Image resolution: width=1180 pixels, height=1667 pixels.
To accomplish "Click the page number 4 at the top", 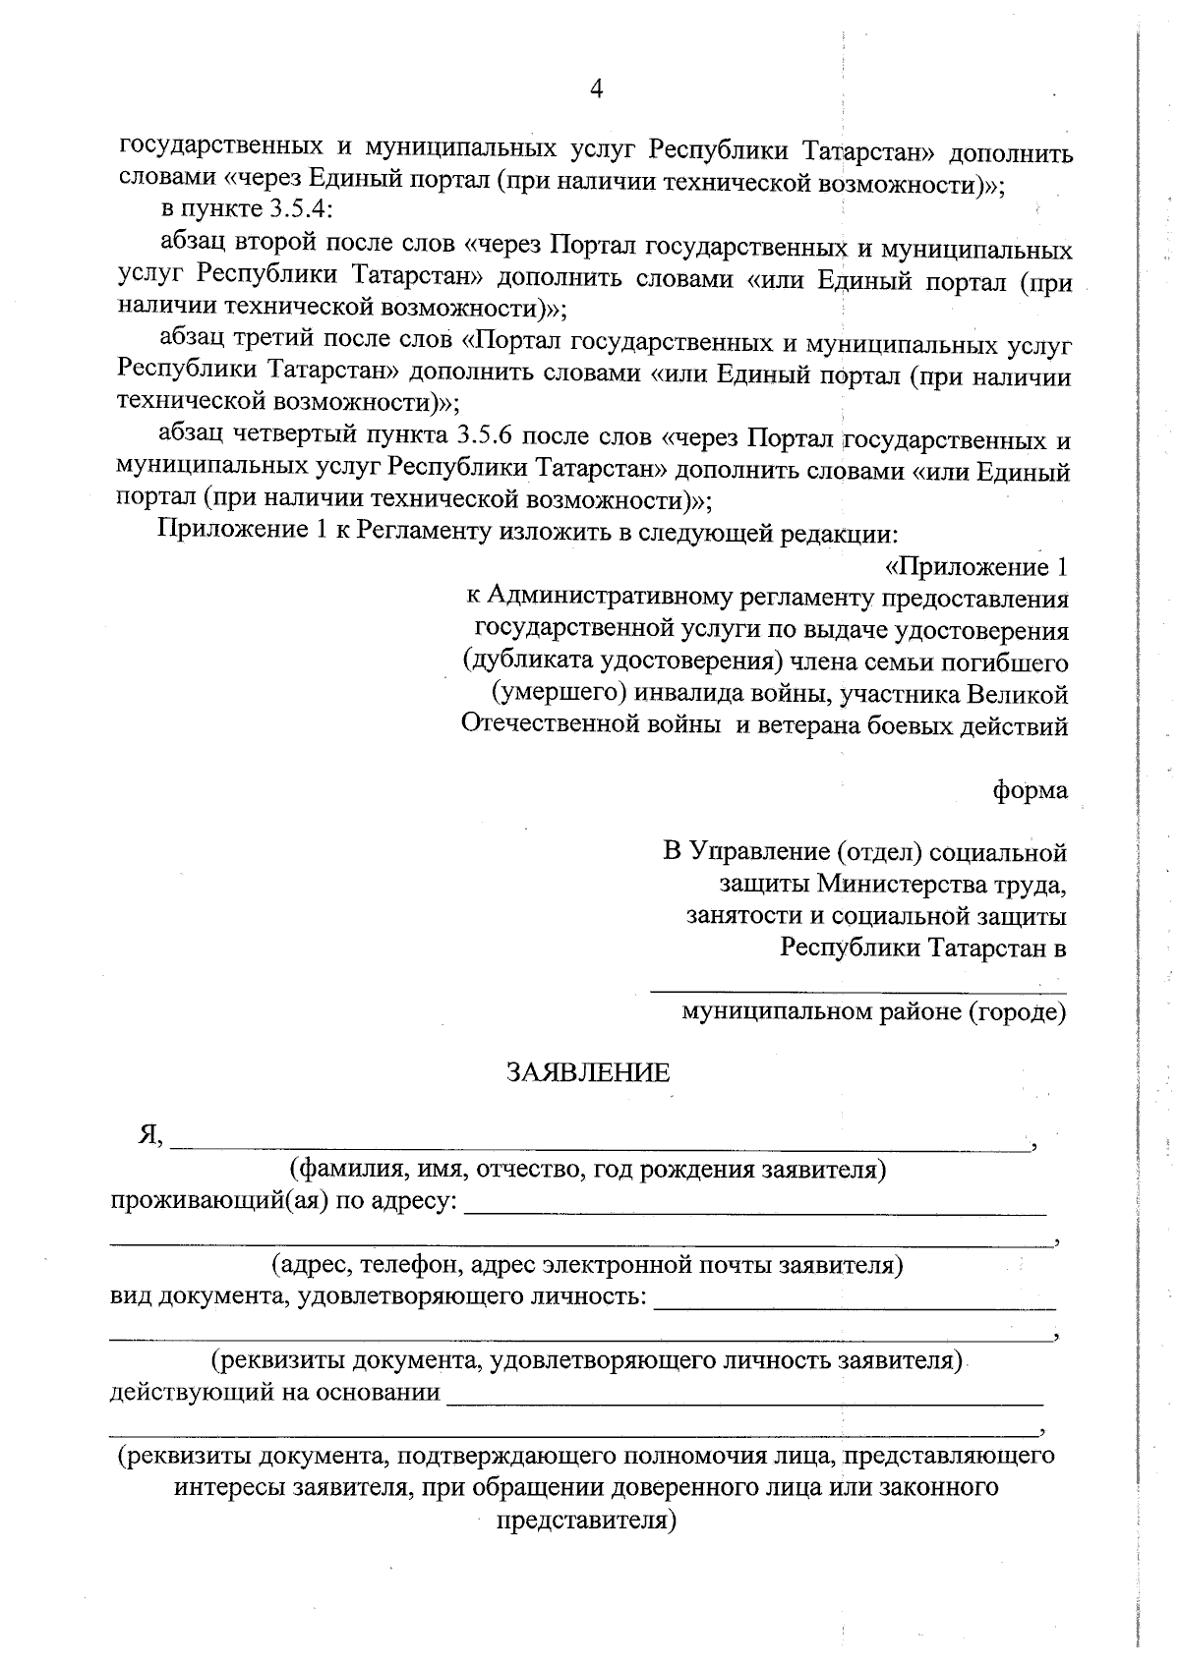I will [595, 89].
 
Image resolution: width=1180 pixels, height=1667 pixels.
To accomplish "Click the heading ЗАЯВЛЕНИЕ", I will [588, 1072].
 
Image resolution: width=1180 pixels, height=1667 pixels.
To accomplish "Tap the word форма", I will [1030, 790].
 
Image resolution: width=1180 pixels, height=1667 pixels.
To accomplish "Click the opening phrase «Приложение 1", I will [976, 567].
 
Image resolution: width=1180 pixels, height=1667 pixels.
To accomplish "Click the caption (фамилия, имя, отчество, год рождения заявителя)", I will [587, 1170].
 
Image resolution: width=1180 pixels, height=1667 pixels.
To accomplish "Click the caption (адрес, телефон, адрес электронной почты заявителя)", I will [587, 1264].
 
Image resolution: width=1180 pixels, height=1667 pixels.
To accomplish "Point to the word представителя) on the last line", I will [587, 1521].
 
